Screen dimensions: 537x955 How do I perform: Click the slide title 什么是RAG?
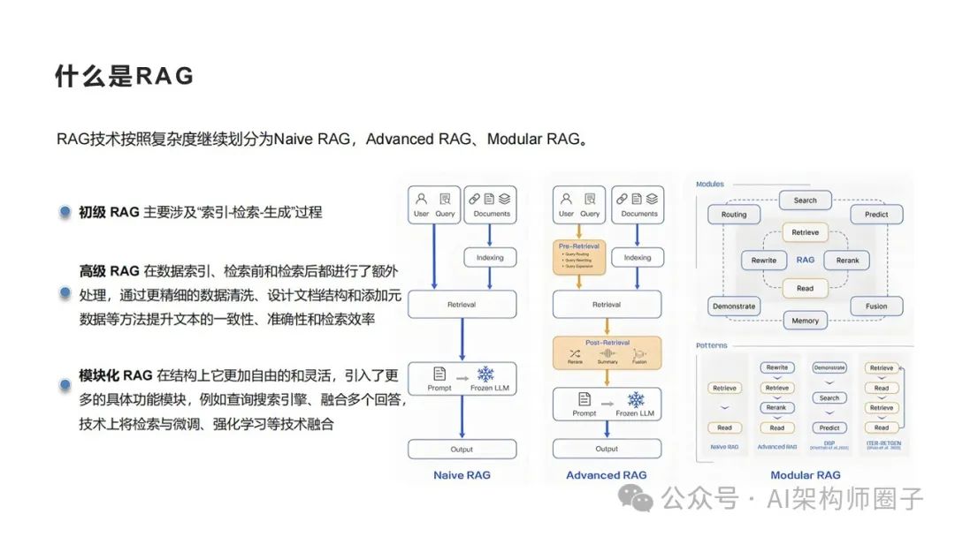coord(125,76)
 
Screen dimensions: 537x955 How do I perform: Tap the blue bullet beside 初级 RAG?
coord(65,212)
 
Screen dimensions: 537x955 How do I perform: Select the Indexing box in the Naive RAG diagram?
coord(490,258)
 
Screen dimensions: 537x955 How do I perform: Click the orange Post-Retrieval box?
coord(607,352)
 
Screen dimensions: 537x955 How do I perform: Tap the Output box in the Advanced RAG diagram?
coord(607,449)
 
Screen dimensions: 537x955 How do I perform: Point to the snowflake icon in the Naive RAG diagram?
coord(485,374)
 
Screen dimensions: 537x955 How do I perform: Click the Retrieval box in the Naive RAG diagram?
coord(461,305)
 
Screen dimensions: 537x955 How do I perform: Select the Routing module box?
coord(734,215)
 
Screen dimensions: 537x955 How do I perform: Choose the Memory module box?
coord(805,321)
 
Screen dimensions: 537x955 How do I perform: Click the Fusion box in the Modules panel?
coord(875,306)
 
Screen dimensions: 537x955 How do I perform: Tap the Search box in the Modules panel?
coord(805,200)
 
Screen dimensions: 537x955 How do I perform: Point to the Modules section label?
coord(710,185)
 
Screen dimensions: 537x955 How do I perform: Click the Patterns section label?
coord(711,345)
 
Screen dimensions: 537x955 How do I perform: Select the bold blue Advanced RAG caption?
coord(607,475)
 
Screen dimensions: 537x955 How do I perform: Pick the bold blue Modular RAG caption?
coord(805,475)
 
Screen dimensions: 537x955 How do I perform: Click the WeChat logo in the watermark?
coord(635,499)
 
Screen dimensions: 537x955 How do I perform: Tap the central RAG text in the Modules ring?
coord(805,261)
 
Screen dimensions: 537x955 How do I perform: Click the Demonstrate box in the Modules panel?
coord(734,306)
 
